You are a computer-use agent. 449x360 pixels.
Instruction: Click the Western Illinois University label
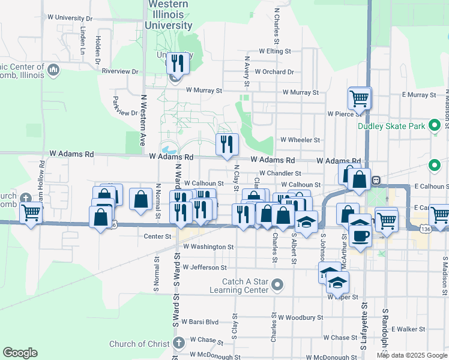click(168, 15)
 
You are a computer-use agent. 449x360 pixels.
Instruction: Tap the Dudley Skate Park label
click(391, 126)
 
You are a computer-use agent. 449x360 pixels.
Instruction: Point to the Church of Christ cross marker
click(178, 344)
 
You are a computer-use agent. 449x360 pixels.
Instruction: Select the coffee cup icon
click(361, 235)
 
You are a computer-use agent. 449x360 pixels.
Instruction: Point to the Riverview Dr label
click(120, 71)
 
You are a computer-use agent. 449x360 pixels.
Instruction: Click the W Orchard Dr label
click(274, 72)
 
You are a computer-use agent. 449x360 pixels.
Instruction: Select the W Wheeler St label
click(300, 140)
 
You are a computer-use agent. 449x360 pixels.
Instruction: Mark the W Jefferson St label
click(205, 268)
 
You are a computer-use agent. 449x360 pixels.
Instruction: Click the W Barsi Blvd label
click(200, 322)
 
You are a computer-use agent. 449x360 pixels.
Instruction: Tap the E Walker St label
click(408, 329)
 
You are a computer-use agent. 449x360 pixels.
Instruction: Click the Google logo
click(20, 353)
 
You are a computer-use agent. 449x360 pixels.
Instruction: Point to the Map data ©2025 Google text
click(411, 355)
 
